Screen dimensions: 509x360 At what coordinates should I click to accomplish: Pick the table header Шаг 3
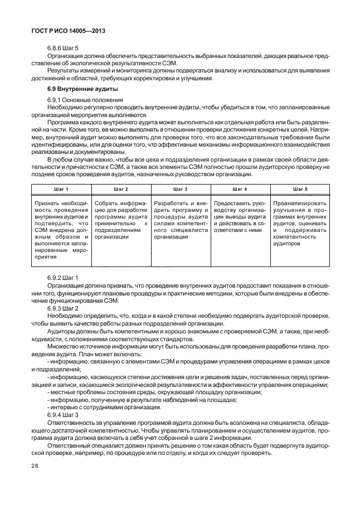(180, 190)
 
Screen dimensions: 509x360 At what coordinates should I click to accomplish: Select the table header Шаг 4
(240, 190)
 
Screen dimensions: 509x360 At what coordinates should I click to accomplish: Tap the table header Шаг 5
(300, 190)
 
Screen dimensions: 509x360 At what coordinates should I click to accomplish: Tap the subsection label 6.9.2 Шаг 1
(63, 277)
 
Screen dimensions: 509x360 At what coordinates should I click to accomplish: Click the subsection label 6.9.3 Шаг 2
(63, 308)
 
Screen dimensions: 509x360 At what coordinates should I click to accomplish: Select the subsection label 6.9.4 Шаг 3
(63, 415)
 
